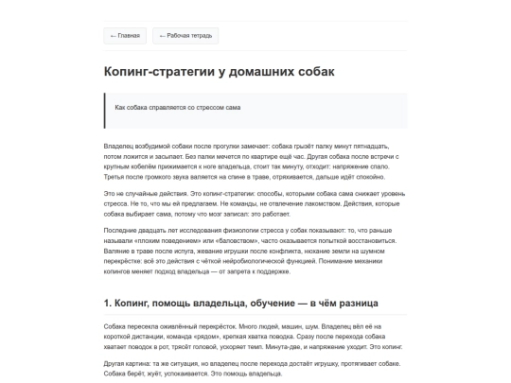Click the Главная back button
(125, 36)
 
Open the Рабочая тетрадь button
(186, 36)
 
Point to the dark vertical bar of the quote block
(106, 108)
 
